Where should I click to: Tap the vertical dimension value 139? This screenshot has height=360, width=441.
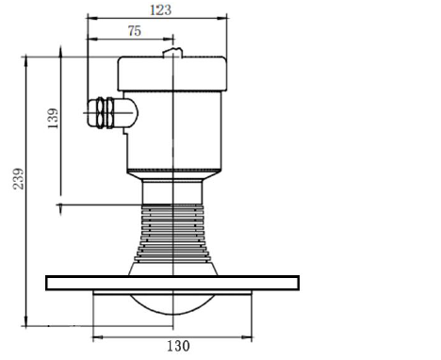click(x=53, y=118)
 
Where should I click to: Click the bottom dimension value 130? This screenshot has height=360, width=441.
click(x=177, y=346)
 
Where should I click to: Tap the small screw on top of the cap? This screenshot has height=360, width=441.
click(x=171, y=52)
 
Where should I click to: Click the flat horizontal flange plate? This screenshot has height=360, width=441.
click(x=171, y=282)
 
